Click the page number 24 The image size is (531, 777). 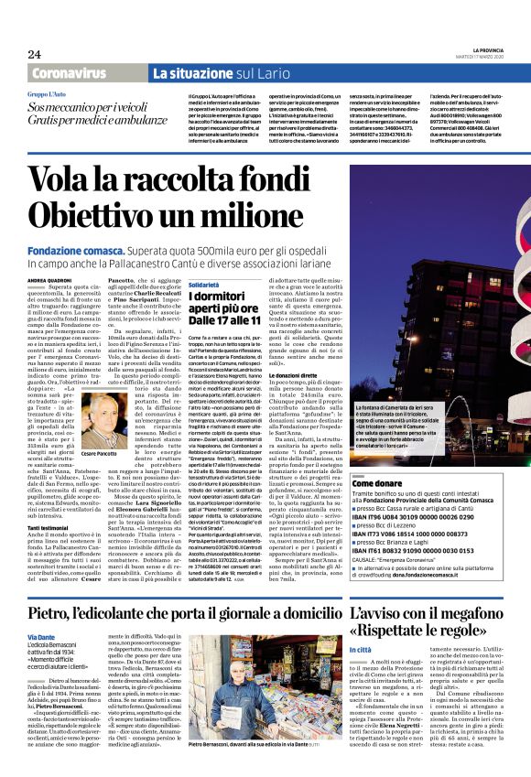click(35, 54)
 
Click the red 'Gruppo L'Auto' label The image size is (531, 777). click(47, 94)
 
